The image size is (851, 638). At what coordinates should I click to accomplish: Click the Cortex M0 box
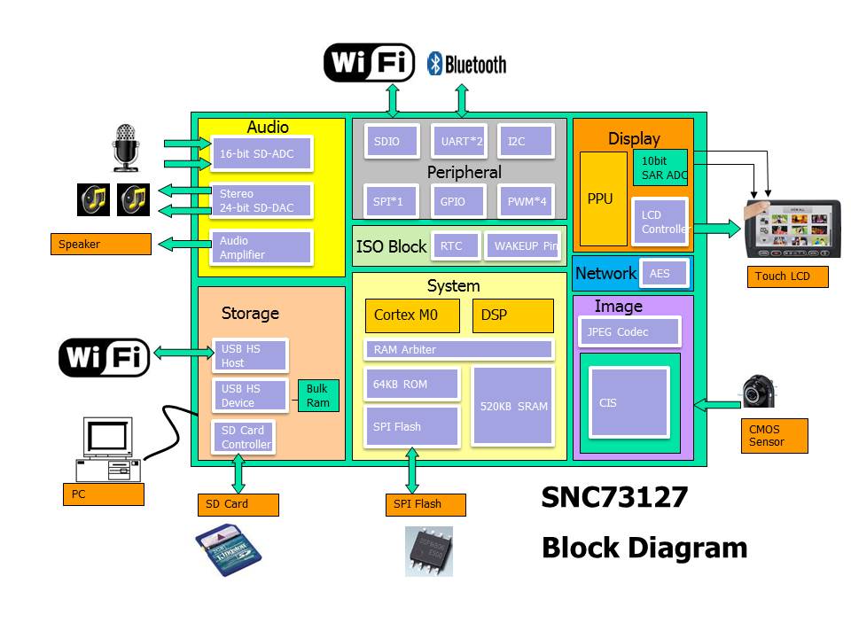click(412, 315)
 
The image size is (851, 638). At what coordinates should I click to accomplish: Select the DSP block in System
click(512, 315)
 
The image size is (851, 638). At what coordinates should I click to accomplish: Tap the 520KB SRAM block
click(513, 406)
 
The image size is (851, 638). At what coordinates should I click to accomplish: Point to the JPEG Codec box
click(630, 332)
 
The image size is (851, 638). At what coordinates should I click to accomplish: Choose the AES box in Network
click(665, 274)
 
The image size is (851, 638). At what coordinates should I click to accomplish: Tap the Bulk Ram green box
click(317, 395)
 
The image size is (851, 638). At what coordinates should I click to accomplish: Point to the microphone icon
click(127, 147)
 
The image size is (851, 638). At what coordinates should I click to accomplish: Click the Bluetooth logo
click(466, 64)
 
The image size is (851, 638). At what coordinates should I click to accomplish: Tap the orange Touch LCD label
click(787, 276)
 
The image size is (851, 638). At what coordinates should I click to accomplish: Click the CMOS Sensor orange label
click(774, 435)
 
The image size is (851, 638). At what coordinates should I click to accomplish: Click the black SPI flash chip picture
click(429, 551)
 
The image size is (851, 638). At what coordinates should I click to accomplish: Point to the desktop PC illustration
click(108, 448)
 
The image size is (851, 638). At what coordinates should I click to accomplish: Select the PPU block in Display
click(602, 199)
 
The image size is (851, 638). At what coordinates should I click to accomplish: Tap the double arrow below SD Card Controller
click(238, 474)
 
